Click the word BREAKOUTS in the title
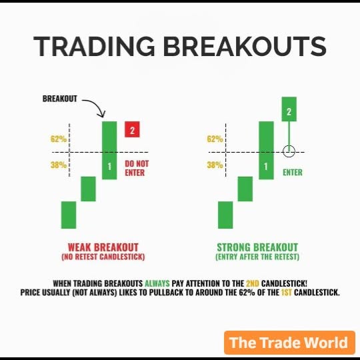pos(245,47)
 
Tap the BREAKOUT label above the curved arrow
pos(60,99)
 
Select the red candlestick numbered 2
pos(132,129)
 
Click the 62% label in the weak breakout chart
pos(58,139)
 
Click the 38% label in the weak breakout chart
pos(58,165)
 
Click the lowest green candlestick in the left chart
pos(69,215)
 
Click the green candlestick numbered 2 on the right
pos(289,110)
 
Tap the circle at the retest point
pos(289,151)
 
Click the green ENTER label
pos(292,173)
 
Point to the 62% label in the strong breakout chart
pos(215,139)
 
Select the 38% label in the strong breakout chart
pos(215,165)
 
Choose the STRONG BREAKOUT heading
pos(257,247)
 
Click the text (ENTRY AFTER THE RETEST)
pos(257,257)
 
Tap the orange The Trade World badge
pos(288,343)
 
